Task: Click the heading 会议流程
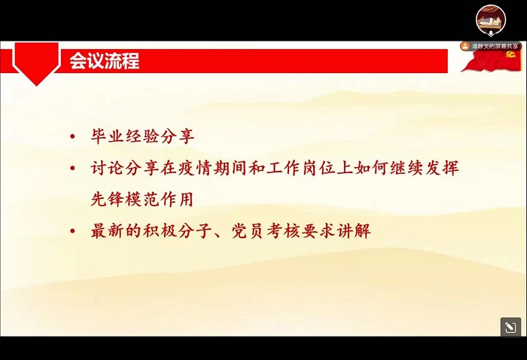(105, 61)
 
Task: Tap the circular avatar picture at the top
(490, 19)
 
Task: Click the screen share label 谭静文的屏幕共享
(495, 46)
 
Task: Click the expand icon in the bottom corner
(510, 327)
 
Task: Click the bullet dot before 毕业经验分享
(72, 137)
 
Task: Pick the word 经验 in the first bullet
(143, 136)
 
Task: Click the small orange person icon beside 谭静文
(465, 46)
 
